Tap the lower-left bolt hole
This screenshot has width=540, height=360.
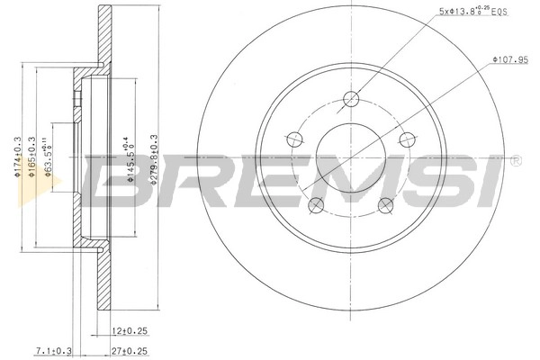[315, 206]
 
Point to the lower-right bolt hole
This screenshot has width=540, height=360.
[385, 205]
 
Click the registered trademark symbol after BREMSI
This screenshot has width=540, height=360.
[515, 161]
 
